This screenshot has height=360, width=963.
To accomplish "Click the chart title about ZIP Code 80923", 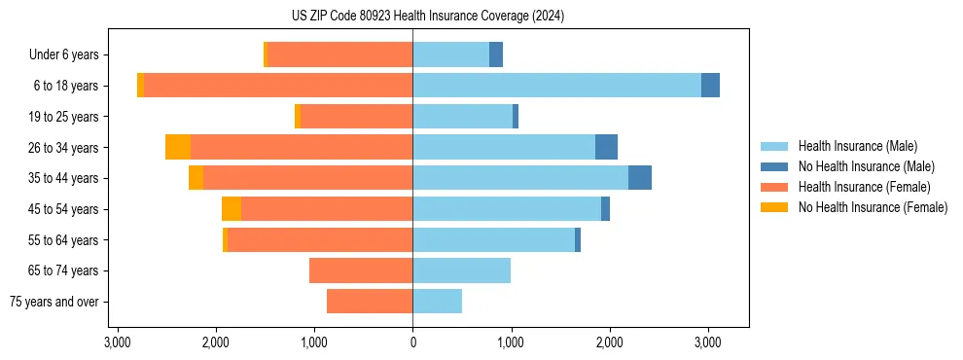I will pos(427,17).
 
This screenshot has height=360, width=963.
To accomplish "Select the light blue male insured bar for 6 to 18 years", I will pos(556,86).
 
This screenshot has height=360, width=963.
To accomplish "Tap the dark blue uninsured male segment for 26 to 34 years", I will pos(606,147).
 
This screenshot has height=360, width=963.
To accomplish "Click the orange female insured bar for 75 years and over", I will pos(370,302).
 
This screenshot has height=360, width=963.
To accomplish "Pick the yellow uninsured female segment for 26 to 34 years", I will pos(178,147).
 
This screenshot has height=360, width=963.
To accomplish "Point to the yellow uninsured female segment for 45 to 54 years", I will pos(232,209).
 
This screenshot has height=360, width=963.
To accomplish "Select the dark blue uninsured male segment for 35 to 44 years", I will pos(640,178).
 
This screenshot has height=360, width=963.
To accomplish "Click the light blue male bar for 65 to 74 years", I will pos(461,270).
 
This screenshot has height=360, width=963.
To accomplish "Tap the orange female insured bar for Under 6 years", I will pos(339,54).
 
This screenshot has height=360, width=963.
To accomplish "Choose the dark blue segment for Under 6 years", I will pos(496,54).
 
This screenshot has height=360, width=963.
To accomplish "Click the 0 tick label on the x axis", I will pos(412,343).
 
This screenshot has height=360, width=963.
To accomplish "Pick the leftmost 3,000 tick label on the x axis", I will pos(117,343).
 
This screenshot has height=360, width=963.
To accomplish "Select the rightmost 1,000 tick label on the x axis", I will pos(511,343).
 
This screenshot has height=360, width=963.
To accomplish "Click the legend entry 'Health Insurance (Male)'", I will pos(857,146).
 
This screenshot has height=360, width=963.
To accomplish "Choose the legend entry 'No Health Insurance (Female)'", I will pos(873,207).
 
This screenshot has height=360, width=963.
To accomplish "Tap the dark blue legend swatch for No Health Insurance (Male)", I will pos(774,166).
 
